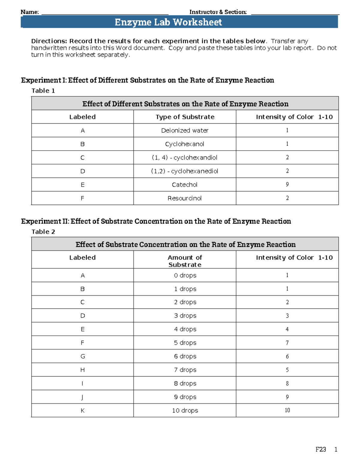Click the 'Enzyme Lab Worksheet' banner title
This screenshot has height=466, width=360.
[x=168, y=22]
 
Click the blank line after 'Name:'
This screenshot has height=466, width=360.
[x=105, y=13]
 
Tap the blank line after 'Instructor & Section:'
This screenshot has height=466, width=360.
[x=295, y=13]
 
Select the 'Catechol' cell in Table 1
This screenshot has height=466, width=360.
[x=184, y=185]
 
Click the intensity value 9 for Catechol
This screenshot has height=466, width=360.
[x=287, y=185]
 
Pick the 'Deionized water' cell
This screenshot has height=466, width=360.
[x=184, y=131]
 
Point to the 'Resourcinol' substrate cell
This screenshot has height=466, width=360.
[x=184, y=198]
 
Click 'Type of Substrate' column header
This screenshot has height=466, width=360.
[x=185, y=117]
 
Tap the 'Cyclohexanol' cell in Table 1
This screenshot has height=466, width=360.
[x=184, y=144]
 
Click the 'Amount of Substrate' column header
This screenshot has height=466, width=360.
[x=185, y=261]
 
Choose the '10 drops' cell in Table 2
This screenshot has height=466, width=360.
[x=185, y=410]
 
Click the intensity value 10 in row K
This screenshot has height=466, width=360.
[x=287, y=410]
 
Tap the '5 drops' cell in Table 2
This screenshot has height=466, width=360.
[x=185, y=343]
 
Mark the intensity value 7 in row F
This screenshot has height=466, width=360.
[x=287, y=343]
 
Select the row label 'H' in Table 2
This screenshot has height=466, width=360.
[x=82, y=370]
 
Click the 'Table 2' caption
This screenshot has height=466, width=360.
[x=43, y=232]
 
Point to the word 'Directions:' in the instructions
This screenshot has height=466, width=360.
[x=49, y=41]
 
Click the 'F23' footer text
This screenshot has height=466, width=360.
[x=321, y=449]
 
